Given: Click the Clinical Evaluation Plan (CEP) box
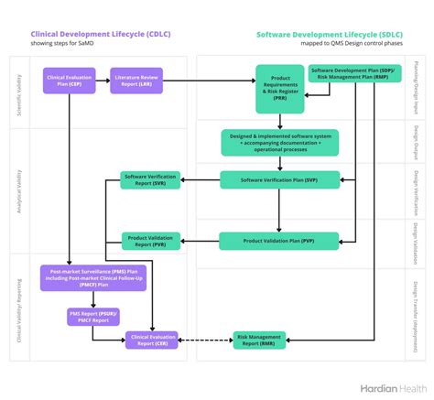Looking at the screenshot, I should click(68, 81).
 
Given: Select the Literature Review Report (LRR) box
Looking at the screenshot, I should click(136, 81).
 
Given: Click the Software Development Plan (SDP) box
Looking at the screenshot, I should click(354, 74).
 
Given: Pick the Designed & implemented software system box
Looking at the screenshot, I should click(279, 142).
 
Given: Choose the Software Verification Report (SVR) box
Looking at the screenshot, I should click(151, 180).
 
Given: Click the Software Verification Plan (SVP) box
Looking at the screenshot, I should click(278, 180).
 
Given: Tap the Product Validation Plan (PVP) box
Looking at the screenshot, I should click(278, 241).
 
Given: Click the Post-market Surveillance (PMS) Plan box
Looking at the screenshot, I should click(92, 278).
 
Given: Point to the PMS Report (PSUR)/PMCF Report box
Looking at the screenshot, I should click(92, 316).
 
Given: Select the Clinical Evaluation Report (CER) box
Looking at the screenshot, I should click(151, 341).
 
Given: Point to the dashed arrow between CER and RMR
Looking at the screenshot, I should click(206, 341).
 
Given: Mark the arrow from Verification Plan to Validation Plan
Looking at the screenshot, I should click(278, 210).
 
